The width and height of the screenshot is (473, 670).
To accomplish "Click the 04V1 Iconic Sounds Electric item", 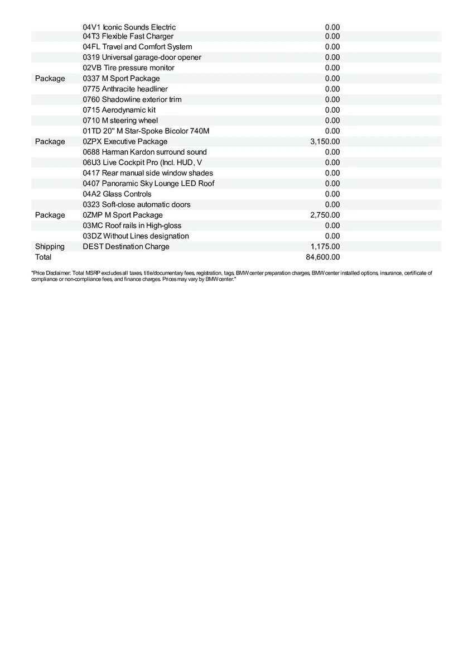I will tap(129, 27).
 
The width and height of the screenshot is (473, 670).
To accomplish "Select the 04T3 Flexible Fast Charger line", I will tap(128, 36).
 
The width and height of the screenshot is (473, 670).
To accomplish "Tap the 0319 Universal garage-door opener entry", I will tap(142, 58).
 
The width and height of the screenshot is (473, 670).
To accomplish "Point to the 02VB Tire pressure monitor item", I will tap(128, 68).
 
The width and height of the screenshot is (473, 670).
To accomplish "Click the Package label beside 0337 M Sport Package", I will tap(50, 79).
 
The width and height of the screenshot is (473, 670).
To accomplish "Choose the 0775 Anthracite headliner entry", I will tap(125, 89).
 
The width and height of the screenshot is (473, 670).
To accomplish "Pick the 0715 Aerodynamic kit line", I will tap(119, 110).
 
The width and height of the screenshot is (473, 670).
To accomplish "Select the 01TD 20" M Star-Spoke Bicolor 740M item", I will tap(146, 131).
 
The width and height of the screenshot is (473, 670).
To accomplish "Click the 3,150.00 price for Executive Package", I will tap(325, 142).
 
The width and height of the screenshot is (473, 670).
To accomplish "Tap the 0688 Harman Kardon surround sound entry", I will tap(144, 152).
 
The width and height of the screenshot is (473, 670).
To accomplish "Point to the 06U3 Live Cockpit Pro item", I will tap(142, 162).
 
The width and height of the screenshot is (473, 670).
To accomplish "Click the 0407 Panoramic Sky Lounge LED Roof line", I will tap(148, 184).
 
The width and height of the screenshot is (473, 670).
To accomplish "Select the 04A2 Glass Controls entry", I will tap(117, 194).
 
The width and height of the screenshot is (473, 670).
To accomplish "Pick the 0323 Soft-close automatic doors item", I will tap(136, 205).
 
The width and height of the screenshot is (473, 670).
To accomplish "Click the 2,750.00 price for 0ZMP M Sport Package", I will tap(325, 216).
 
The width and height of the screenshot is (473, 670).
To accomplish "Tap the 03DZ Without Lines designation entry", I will tap(136, 236).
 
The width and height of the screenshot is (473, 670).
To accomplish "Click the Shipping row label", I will tap(50, 247).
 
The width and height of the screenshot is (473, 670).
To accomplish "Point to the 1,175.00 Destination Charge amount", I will tap(325, 247).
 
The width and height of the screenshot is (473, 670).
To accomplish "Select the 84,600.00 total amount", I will tap(322, 257).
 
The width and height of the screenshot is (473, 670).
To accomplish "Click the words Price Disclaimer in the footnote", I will tap(50, 273).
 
